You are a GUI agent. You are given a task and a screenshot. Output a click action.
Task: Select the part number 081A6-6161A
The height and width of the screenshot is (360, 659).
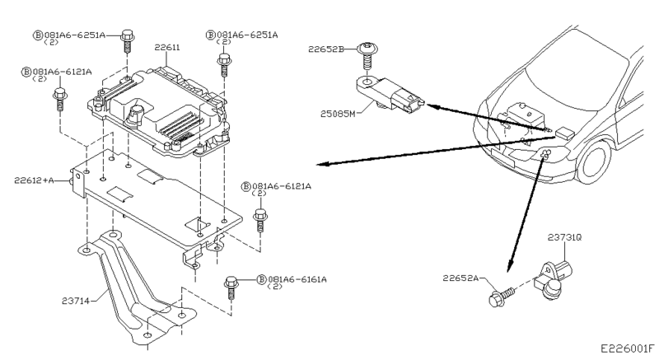point(297,279)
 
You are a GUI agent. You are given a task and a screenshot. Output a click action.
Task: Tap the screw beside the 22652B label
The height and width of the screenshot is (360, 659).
point(367,58)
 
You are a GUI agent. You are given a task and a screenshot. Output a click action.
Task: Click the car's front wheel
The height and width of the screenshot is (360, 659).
point(594,161)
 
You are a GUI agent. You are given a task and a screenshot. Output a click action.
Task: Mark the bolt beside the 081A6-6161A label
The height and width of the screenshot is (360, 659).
point(230,288)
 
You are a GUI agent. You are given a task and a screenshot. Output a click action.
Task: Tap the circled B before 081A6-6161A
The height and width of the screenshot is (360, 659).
point(261,279)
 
